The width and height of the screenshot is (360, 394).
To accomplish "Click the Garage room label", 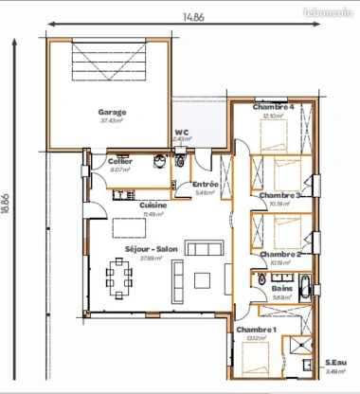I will [x=112, y=112].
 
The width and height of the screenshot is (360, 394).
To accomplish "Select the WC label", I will [x=181, y=132].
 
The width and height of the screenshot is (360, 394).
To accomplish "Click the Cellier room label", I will [x=119, y=163].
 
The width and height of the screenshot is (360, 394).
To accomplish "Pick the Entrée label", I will [x=206, y=184].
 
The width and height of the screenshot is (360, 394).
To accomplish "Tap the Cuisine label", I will [x=153, y=206].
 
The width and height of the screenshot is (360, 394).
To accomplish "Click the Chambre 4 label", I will [x=274, y=107].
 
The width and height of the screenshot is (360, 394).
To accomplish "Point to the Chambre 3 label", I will [x=280, y=195].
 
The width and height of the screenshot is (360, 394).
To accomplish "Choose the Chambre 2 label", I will [x=280, y=254].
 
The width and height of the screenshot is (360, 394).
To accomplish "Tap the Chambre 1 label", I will [x=257, y=329].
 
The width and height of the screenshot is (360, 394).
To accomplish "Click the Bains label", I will [x=282, y=288].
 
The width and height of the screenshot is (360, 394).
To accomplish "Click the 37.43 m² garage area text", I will [x=112, y=120].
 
